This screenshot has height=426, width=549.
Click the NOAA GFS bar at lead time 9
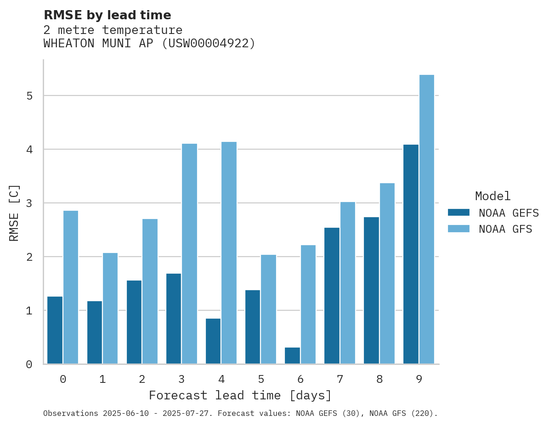pos(427,219)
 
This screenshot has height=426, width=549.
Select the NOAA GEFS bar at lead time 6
pos(292,356)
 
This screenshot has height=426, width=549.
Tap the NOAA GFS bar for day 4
pos(229,253)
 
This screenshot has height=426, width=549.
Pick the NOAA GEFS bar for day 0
pos(55,330)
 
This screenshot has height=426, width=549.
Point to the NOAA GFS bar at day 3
pos(189,254)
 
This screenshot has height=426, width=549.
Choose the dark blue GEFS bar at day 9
pos(411,254)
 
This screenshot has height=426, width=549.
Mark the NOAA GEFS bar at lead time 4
pos(213,341)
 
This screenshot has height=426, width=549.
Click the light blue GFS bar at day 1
pos(110,308)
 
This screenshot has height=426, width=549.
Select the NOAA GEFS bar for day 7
pos(332,296)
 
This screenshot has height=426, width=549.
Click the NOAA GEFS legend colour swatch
pos(458,212)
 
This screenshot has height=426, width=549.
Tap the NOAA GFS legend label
pos(505,229)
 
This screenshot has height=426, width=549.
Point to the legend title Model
pos(492,196)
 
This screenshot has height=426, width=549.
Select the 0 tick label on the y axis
pos(29,364)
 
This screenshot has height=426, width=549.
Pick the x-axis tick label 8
pos(379,379)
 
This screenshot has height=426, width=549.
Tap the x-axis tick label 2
pos(142,379)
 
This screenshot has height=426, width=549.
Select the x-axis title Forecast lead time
pos(240,395)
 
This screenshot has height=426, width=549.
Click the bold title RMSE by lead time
pos(107,15)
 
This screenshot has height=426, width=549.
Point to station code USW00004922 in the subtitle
pos(209,44)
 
